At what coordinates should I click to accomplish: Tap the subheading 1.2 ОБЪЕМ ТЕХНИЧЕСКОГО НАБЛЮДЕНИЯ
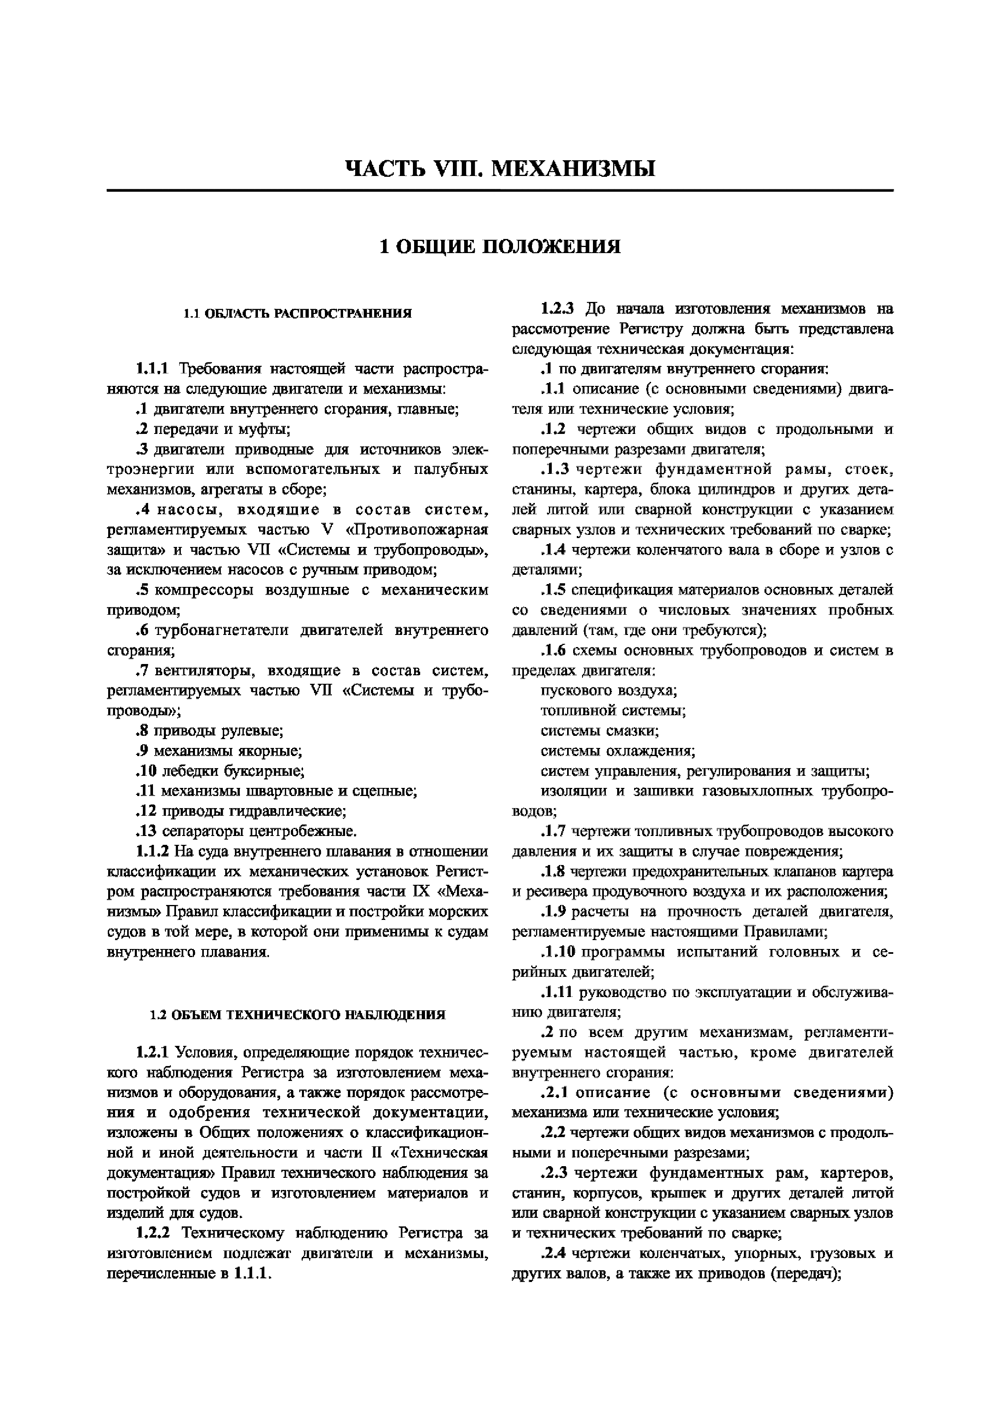tap(297, 1014)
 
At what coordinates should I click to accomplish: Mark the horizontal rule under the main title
tap(500, 190)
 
